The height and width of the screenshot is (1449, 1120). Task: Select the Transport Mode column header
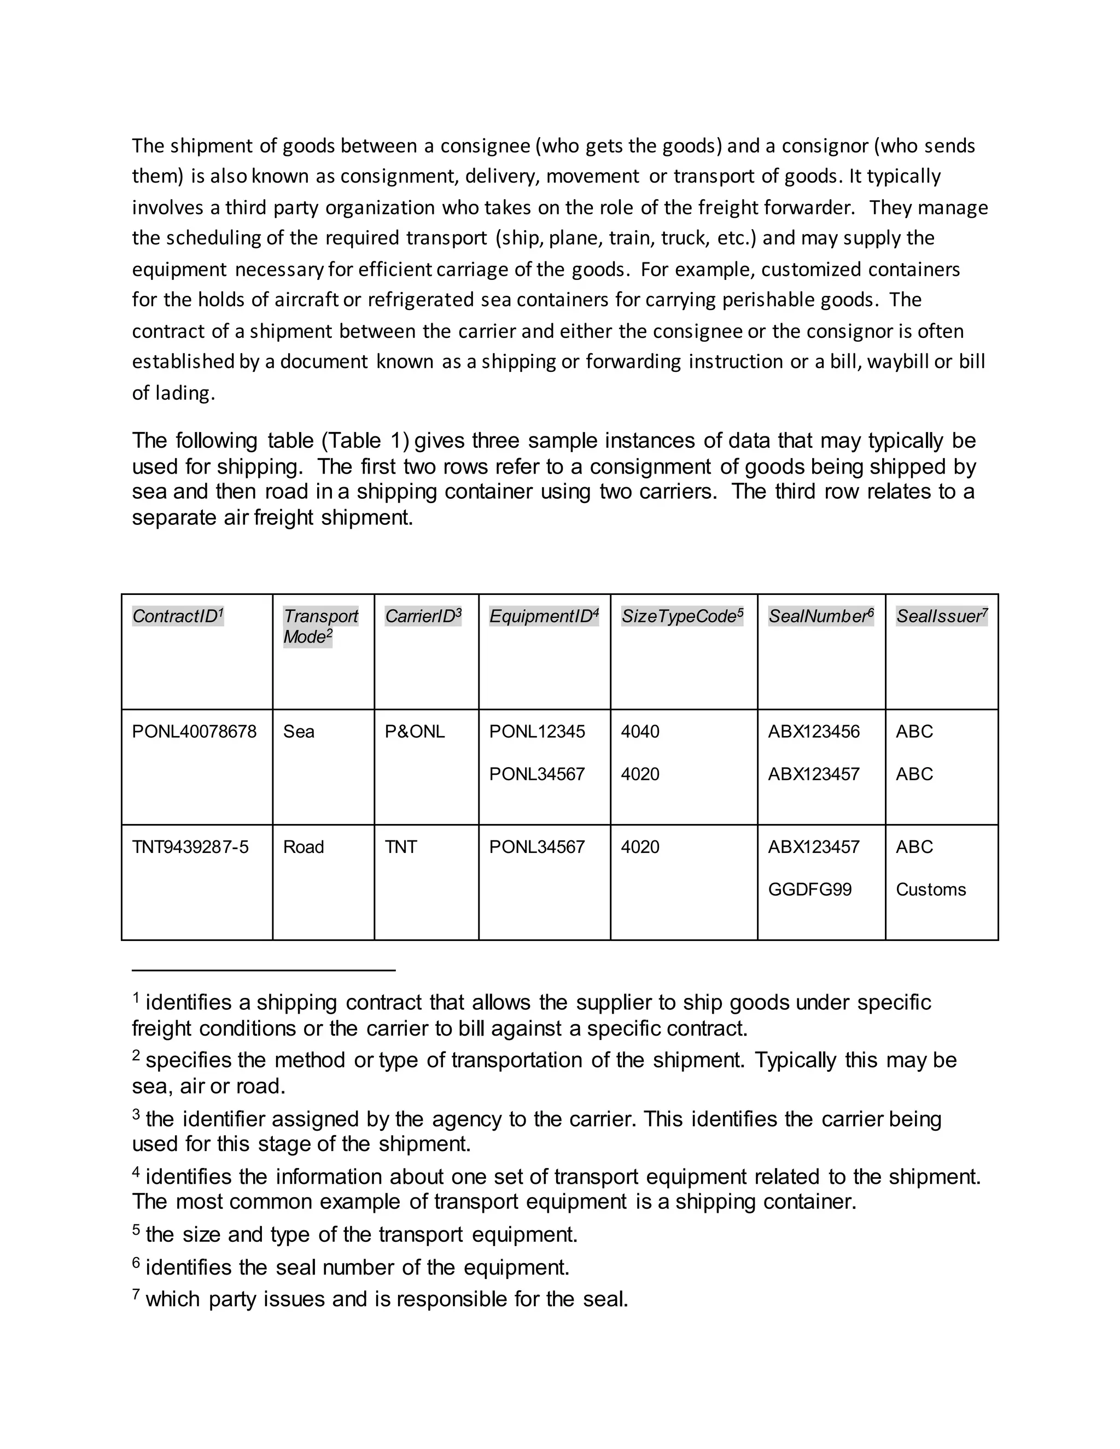pos(320,626)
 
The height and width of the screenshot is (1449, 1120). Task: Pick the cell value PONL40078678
pos(194,732)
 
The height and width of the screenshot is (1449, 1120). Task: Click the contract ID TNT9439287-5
pos(190,847)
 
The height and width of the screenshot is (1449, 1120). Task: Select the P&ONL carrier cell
pos(415,732)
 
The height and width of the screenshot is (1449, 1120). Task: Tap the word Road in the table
pos(303,847)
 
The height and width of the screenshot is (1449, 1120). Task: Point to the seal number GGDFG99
pos(809,890)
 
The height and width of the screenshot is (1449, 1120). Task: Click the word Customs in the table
pos(930,890)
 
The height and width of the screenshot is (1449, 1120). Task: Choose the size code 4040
pos(640,732)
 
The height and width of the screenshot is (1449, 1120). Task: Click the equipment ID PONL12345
pos(537,732)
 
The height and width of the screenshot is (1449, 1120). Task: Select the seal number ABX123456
pos(813,732)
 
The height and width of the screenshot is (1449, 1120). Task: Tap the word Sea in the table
pos(299,732)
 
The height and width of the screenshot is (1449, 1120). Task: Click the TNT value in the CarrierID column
pos(401,847)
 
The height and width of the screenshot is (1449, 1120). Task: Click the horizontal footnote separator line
pos(264,970)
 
